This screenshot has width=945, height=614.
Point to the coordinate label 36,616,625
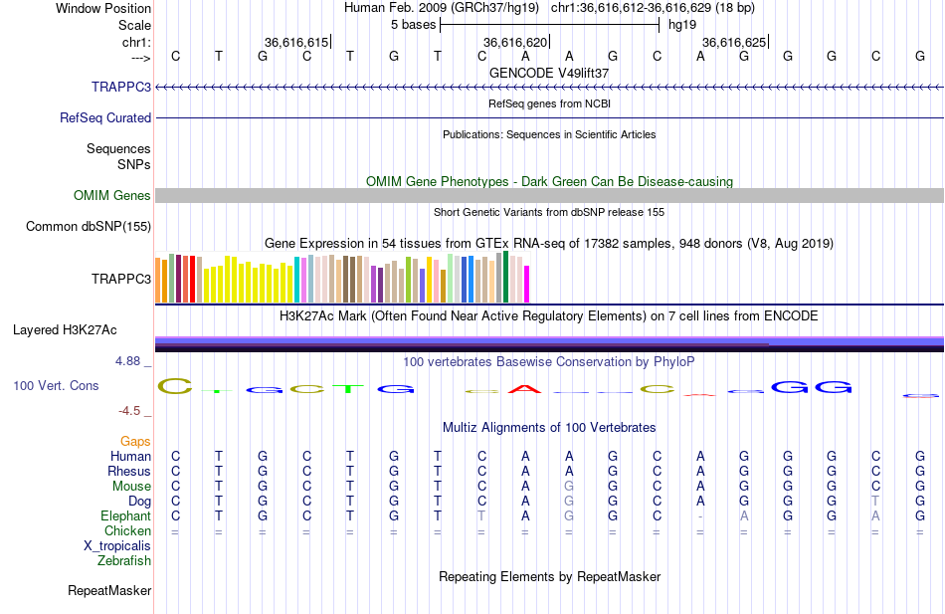pyautogui.click(x=734, y=42)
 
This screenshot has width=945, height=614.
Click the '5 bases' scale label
pyautogui.click(x=413, y=25)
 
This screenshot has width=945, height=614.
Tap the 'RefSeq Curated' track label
pyautogui.click(x=105, y=117)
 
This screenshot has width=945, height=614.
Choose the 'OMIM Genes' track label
pyautogui.click(x=112, y=196)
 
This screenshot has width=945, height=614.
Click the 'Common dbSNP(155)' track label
pyautogui.click(x=89, y=226)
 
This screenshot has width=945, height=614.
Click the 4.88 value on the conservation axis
pyautogui.click(x=127, y=361)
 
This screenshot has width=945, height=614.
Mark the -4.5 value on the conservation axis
pyautogui.click(x=130, y=410)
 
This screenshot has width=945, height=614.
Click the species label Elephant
pyautogui.click(x=125, y=515)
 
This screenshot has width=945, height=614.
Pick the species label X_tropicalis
pyautogui.click(x=117, y=545)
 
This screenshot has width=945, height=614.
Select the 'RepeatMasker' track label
pyautogui.click(x=109, y=591)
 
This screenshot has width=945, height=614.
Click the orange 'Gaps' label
pyautogui.click(x=135, y=441)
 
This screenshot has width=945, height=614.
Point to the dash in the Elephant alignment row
pyautogui.click(x=700, y=516)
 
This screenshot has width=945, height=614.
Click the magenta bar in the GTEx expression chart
pyautogui.click(x=526, y=284)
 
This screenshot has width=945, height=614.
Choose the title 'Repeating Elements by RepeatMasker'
pyautogui.click(x=549, y=576)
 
